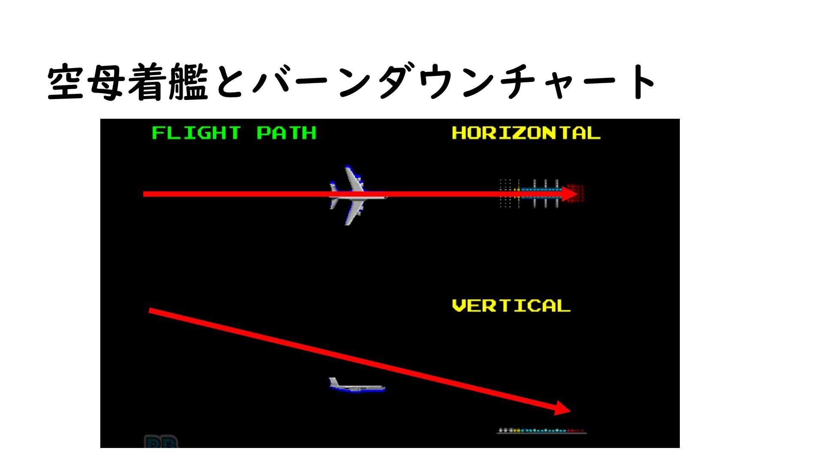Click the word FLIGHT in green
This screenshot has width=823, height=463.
coord(196,133)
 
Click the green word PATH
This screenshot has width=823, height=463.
coord(286,133)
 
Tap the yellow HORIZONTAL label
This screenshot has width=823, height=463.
coord(526,133)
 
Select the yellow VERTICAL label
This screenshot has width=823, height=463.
coord(511,306)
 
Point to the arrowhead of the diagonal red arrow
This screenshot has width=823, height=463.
coord(563,408)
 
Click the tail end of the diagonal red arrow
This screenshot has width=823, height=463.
coord(150,310)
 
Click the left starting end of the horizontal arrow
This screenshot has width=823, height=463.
coord(145,194)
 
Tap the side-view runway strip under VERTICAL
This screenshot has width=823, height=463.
coord(541,430)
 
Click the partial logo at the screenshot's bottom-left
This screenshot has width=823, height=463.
coord(161,442)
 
